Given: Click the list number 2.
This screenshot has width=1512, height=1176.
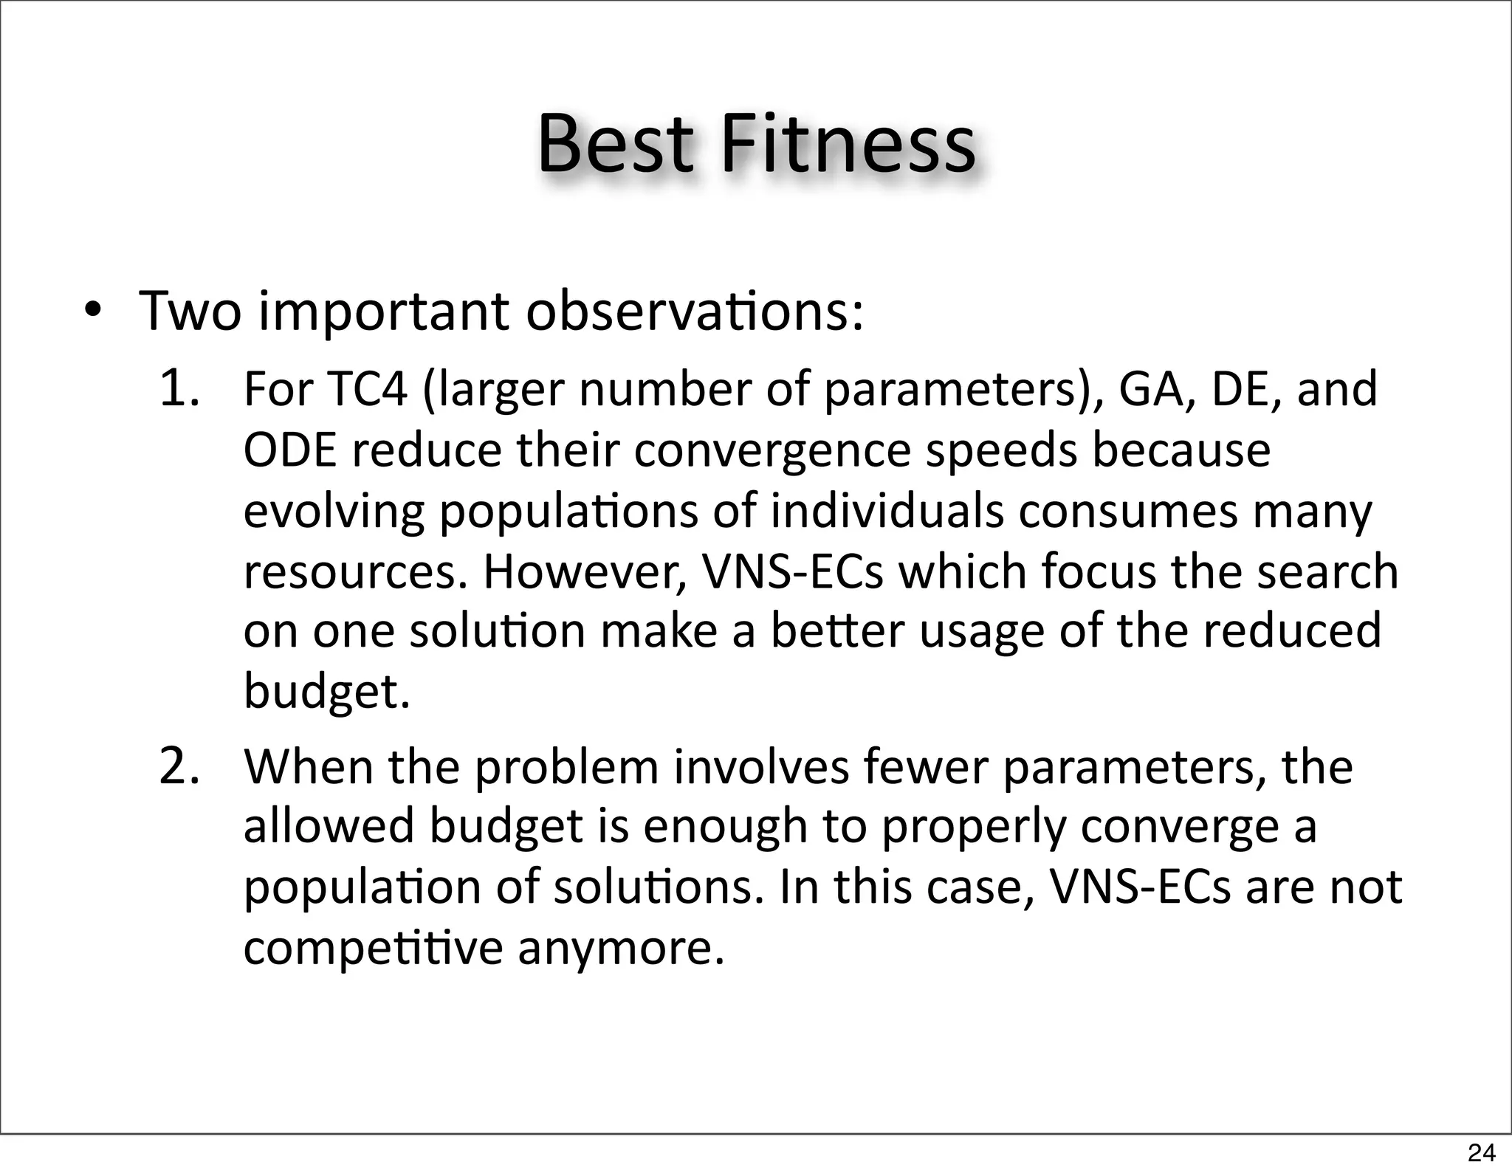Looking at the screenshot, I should pos(179,767).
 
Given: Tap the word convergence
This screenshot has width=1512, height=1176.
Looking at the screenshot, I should pos(772,451).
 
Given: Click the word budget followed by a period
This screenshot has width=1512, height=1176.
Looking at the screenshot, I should pos(326,693).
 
